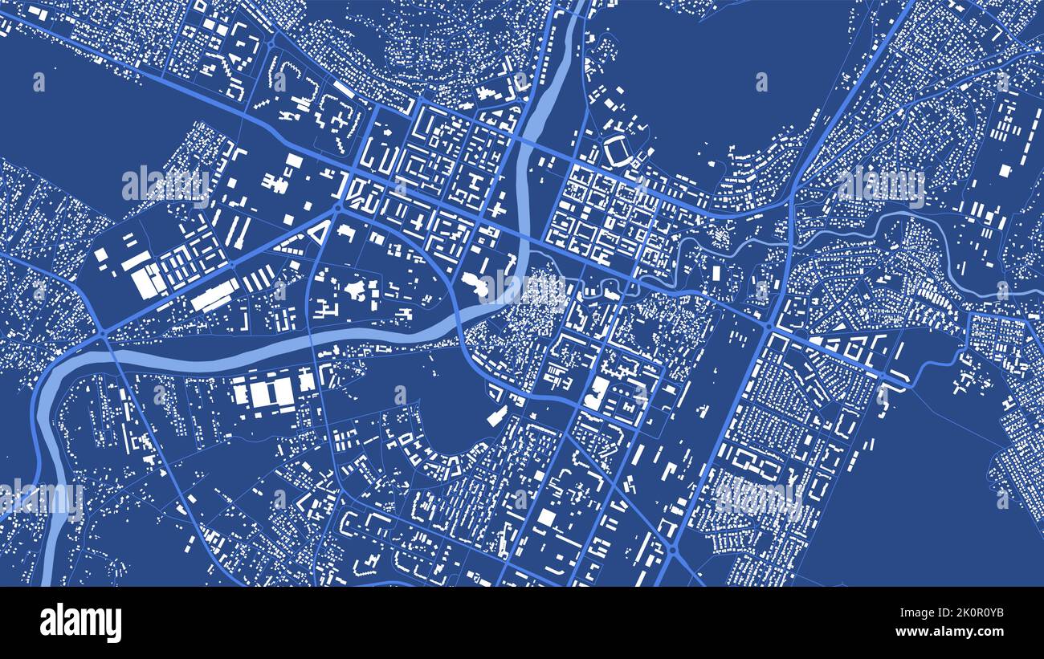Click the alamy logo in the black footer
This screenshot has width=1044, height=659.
[81, 623]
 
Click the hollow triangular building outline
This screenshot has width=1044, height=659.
[319, 233]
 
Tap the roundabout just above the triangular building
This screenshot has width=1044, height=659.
[336, 207]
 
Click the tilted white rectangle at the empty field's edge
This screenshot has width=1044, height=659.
[496, 417]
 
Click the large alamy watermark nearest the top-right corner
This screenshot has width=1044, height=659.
[881, 186]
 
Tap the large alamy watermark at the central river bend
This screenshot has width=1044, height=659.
[522, 286]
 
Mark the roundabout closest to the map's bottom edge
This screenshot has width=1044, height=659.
[671, 550]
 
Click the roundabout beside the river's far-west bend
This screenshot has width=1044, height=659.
[104, 335]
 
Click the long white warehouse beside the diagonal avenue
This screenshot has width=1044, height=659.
[214, 295]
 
